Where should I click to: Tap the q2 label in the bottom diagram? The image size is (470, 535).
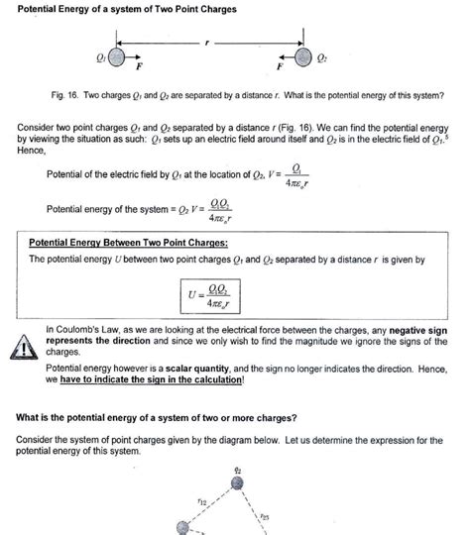(x=236, y=469)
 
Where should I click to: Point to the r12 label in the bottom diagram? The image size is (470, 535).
(x=203, y=502)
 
